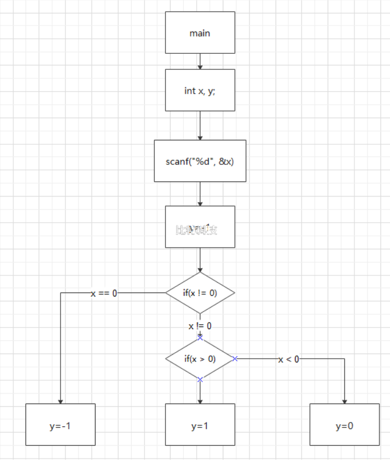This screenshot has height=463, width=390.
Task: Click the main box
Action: tap(200, 33)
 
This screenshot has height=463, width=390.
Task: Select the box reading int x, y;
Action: tap(200, 90)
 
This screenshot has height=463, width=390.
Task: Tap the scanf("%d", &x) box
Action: tap(200, 161)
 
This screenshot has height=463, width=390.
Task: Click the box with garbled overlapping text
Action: tap(200, 227)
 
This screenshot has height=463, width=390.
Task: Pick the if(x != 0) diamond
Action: tap(200, 293)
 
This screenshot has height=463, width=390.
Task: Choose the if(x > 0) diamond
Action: tap(200, 359)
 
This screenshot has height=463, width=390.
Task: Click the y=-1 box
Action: tap(60, 424)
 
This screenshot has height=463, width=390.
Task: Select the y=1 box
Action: tap(200, 424)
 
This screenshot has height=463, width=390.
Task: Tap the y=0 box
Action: tap(344, 424)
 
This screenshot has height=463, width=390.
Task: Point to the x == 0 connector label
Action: tap(104, 293)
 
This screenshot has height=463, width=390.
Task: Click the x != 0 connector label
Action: tap(200, 326)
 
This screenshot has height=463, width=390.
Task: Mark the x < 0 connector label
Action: tap(289, 359)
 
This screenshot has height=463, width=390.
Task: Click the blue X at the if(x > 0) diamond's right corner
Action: tap(235, 359)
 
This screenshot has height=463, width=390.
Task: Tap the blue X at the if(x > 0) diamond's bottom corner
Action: tap(200, 379)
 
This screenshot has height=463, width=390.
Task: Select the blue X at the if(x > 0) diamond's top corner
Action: tap(200, 338)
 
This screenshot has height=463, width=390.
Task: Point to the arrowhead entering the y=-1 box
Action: tap(60, 401)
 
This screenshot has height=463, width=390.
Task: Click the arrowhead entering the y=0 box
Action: tap(344, 401)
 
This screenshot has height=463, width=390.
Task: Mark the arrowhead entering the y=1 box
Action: tap(200, 401)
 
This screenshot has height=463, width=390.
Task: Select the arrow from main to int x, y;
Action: tap(200, 61)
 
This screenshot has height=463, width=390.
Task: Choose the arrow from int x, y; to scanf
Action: tap(200, 125)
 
